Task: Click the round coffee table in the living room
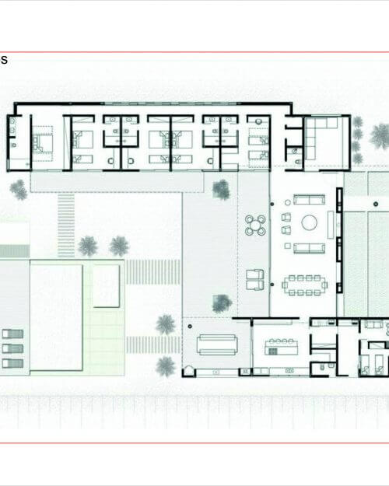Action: coord(310,222)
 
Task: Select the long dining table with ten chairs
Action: coord(304,285)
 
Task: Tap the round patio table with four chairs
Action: coord(255,226)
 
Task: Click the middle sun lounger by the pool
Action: coord(12,348)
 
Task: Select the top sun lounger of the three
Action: coord(12,334)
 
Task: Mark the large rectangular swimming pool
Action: coord(56,317)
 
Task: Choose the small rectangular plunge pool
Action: coord(107,286)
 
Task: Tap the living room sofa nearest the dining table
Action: coord(310,248)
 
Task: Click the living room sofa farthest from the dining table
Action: coord(310,200)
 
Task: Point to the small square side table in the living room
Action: coord(288,246)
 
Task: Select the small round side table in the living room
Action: coord(288,203)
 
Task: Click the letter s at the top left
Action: coord(4,60)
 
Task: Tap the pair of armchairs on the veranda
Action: coord(255,280)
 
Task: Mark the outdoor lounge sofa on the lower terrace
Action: coord(217,344)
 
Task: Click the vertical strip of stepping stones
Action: coord(66,226)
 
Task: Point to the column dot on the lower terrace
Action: coord(190,327)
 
